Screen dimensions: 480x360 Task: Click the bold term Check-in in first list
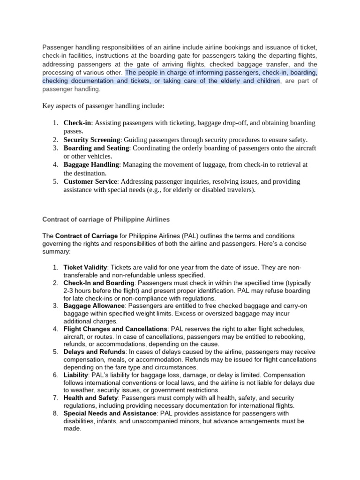(77, 123)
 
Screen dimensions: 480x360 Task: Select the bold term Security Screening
(92, 140)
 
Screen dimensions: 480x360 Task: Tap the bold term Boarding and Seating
(96, 148)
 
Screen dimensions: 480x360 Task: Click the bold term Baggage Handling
(92, 165)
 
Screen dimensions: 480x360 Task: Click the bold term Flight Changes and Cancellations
(115, 329)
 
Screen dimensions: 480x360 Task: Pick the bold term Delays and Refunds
(94, 352)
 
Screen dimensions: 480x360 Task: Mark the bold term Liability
(75, 375)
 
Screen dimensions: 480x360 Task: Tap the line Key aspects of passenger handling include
(104, 106)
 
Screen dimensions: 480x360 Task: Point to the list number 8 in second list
(55, 413)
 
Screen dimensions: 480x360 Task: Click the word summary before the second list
(56, 251)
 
